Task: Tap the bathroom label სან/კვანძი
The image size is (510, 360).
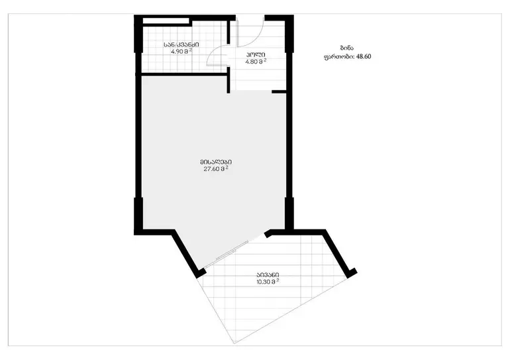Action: tap(181, 44)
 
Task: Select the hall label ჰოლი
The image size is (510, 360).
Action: tap(255, 55)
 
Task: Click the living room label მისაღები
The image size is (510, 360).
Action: tap(216, 162)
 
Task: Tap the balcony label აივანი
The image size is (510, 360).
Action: tap(268, 275)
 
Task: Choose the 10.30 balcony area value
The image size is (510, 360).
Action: tap(264, 282)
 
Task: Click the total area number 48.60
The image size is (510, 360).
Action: tap(364, 56)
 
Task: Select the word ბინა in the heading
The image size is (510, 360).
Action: tap(346, 48)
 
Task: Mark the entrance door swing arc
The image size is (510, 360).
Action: tap(256, 40)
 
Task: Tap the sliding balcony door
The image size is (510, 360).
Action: tap(227, 255)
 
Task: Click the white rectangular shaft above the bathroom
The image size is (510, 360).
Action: tap(166, 21)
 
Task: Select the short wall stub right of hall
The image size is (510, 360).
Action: tap(279, 92)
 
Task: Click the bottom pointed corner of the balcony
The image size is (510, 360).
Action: tap(234, 343)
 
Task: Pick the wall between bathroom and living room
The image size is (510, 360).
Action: tap(183, 74)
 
